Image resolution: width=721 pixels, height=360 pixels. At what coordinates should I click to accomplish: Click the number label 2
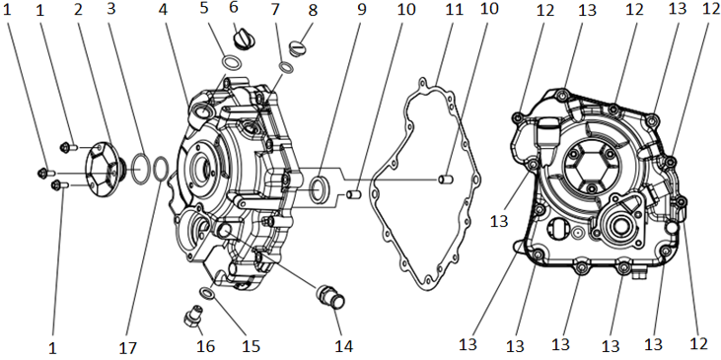tap(78, 10)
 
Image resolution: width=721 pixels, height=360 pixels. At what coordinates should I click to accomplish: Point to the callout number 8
tap(313, 10)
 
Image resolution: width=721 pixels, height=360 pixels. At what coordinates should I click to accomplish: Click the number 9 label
tap(362, 10)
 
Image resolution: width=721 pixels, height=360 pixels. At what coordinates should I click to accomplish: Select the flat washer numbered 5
tap(231, 62)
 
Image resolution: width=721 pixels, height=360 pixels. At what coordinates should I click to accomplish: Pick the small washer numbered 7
tap(286, 67)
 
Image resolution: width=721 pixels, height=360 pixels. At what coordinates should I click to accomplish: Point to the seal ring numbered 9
tap(319, 188)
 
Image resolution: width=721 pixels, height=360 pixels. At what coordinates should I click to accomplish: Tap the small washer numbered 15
tap(206, 293)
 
